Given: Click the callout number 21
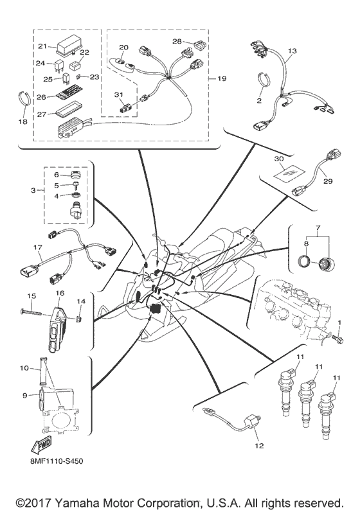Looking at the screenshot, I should tap(42, 46).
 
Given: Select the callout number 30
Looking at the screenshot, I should tap(278, 158).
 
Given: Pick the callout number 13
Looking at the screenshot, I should tap(292, 51).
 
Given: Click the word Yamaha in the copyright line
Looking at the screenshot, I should tap(96, 501).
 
